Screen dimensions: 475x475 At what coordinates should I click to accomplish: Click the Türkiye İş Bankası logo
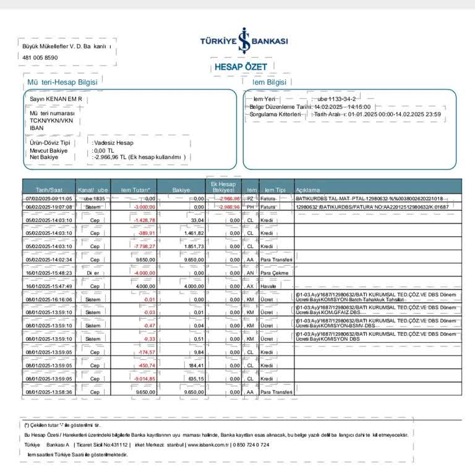tap(244, 41)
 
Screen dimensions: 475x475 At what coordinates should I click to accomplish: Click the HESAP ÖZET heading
tap(241, 67)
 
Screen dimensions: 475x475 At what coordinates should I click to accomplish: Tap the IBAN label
tap(36, 128)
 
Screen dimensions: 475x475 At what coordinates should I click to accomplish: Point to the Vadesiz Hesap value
tap(113, 143)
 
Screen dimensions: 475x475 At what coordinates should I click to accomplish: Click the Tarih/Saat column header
tap(49, 190)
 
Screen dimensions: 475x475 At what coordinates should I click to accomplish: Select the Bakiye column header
tap(181, 190)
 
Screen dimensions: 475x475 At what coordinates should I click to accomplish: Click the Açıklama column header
tap(309, 190)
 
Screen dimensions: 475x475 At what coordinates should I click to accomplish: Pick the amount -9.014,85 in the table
tap(143, 379)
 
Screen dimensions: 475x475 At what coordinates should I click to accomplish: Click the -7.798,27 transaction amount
tap(143, 246)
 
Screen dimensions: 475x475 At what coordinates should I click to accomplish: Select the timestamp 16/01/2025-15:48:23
tap(49, 273)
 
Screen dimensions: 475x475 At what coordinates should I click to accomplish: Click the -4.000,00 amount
tap(143, 273)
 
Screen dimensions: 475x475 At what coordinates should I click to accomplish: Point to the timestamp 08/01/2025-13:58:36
tap(49, 392)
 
